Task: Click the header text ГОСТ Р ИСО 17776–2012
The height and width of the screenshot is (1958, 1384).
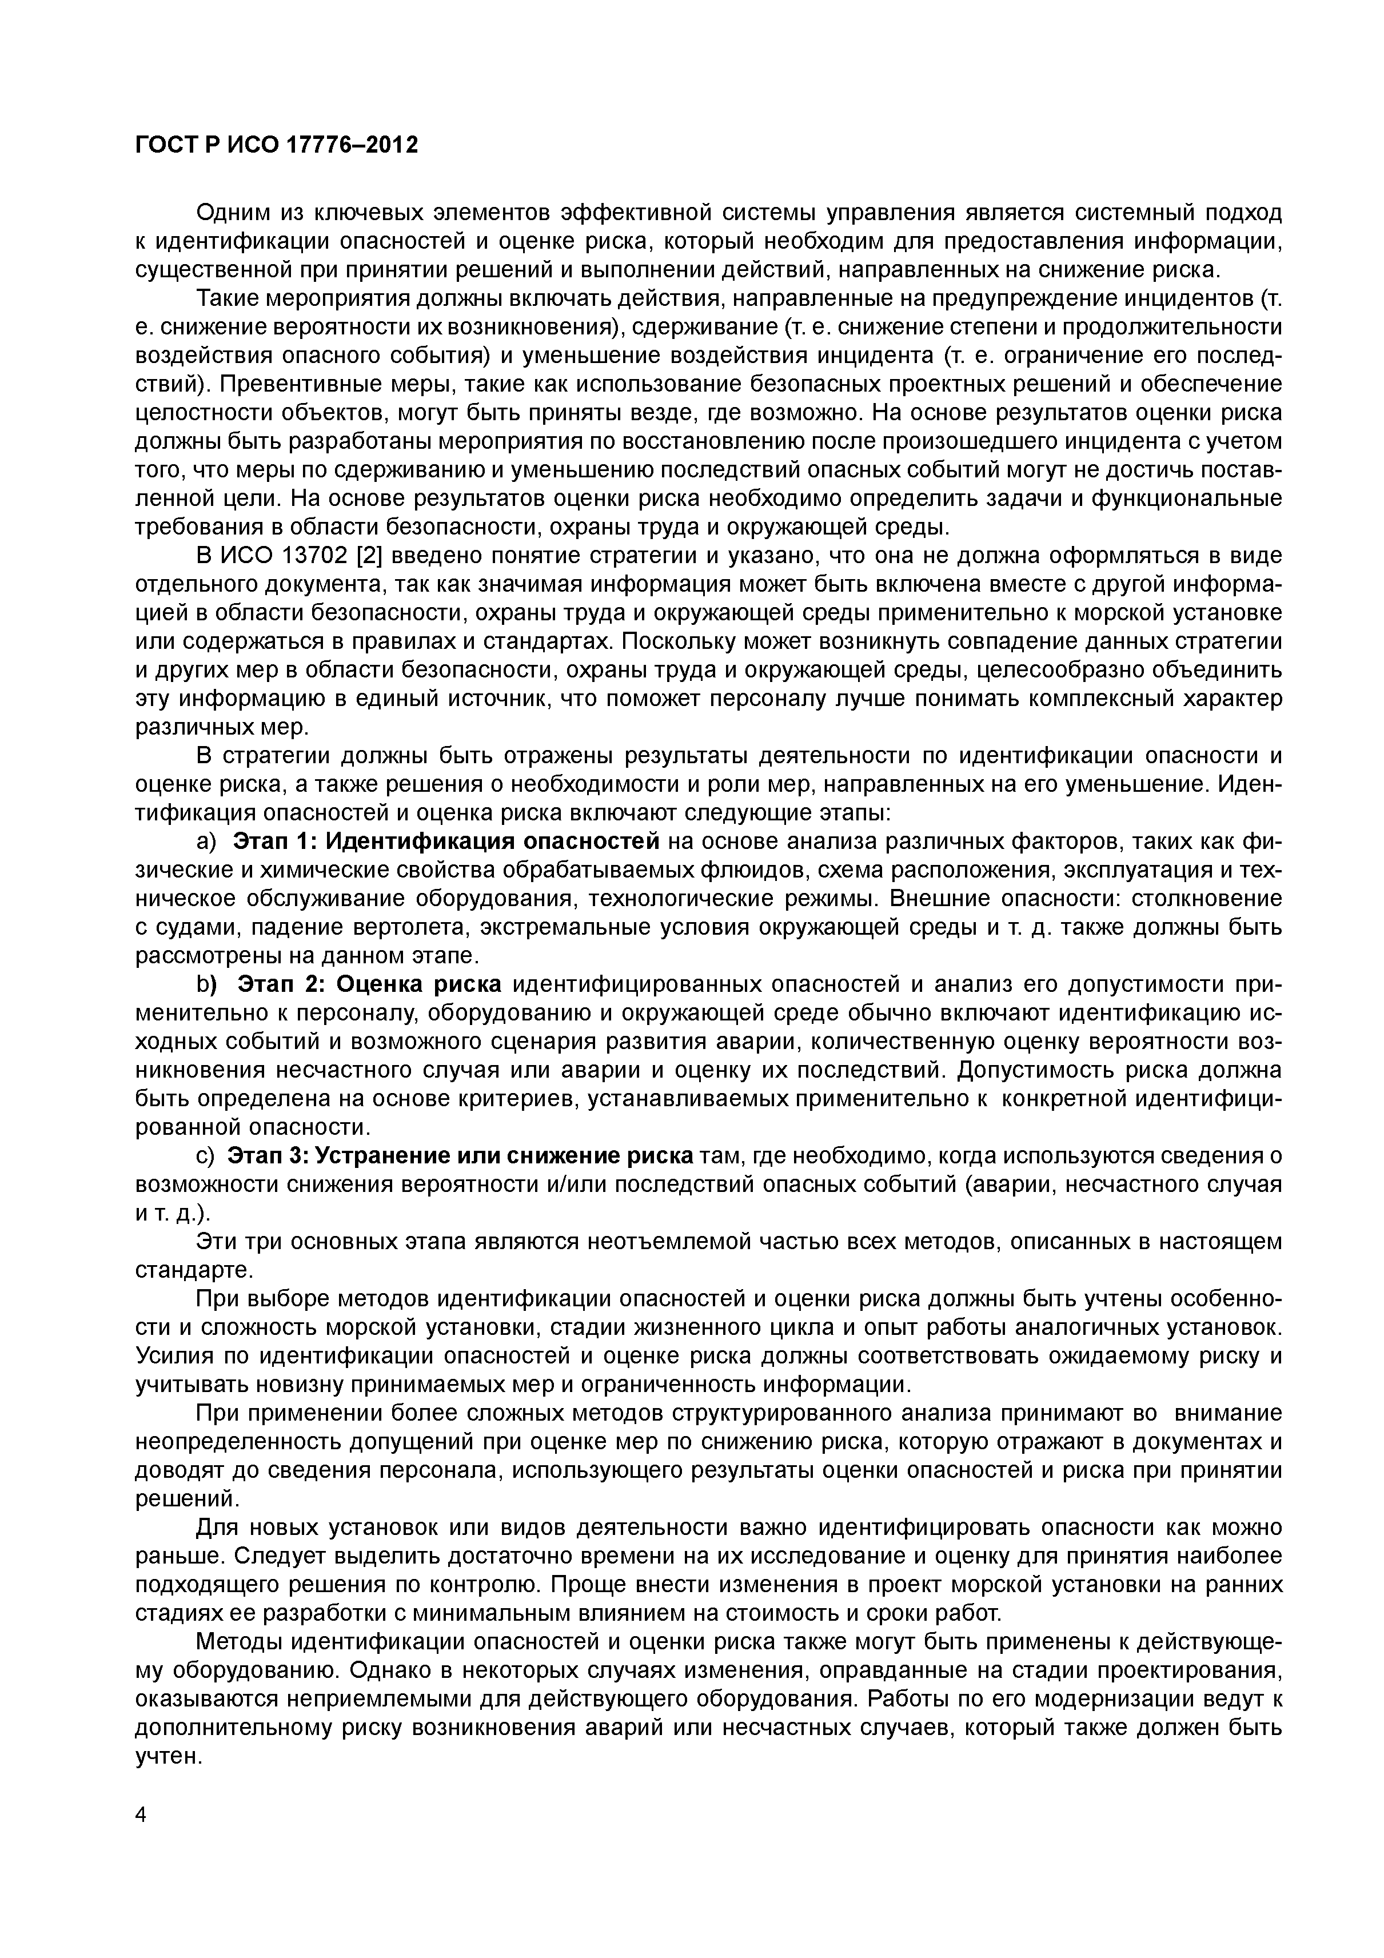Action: point(277,146)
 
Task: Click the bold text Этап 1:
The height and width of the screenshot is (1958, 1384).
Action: point(274,842)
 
